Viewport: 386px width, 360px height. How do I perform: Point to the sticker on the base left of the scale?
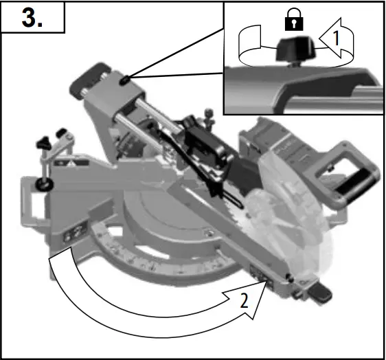point(71,236)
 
